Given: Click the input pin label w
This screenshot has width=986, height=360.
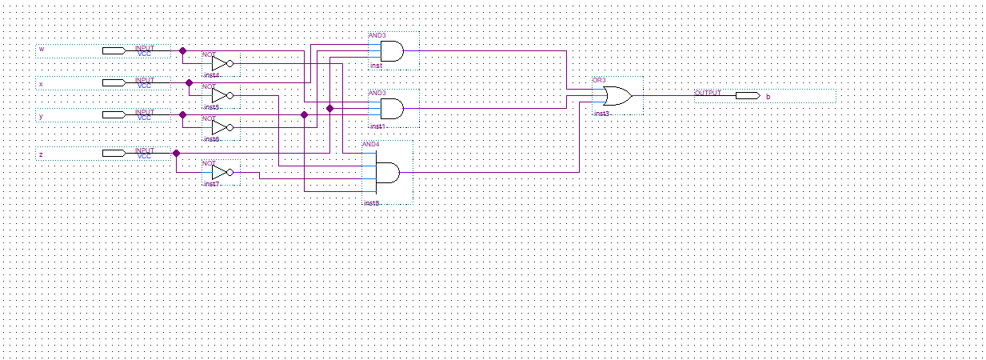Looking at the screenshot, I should pyautogui.click(x=42, y=50).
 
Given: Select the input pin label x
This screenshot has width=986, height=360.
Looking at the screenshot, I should pyautogui.click(x=42, y=83).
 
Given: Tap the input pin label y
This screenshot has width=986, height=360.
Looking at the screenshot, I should pyautogui.click(x=42, y=116).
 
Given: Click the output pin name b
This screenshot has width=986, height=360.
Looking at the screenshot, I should pyautogui.click(x=768, y=97).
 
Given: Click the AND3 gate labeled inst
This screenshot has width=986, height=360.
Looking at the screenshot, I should pyautogui.click(x=392, y=52).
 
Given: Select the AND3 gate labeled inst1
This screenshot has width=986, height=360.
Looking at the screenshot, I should pyautogui.click(x=392, y=108).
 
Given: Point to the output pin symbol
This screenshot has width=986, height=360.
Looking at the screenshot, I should pyautogui.click(x=747, y=96).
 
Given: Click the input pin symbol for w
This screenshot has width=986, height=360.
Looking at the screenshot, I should pyautogui.click(x=114, y=51).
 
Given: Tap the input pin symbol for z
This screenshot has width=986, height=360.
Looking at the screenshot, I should pyautogui.click(x=114, y=153).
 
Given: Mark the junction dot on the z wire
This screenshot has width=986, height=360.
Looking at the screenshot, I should pyautogui.click(x=176, y=153).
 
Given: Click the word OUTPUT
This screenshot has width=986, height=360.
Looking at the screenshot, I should pyautogui.click(x=708, y=93).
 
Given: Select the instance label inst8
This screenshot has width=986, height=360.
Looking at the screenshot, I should pyautogui.click(x=372, y=203).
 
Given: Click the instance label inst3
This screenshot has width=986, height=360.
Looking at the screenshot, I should pyautogui.click(x=601, y=114).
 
